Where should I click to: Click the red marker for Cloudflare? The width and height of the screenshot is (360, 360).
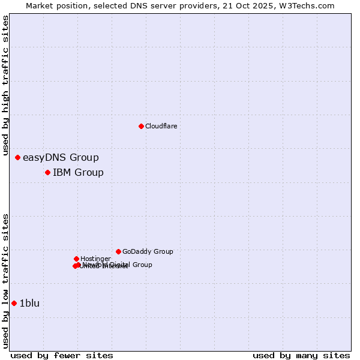(x=141, y=126)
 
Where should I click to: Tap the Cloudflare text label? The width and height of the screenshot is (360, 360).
(x=161, y=126)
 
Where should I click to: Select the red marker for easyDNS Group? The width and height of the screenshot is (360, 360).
(x=18, y=158)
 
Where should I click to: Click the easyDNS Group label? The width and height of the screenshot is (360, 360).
(x=61, y=158)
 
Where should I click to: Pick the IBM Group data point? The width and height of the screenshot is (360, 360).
(x=47, y=173)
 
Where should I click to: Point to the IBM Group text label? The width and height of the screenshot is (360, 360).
(x=78, y=173)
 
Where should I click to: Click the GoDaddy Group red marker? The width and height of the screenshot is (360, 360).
(x=118, y=251)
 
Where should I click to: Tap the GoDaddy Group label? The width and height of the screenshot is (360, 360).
(x=148, y=252)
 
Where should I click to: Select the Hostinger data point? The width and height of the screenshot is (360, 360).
(x=76, y=259)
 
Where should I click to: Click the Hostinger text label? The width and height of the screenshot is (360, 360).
(x=95, y=259)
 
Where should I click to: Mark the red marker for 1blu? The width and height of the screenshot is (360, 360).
(x=14, y=304)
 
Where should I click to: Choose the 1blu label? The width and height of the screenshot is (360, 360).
(x=29, y=304)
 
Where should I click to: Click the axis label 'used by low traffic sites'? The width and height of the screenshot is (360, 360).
(x=5, y=280)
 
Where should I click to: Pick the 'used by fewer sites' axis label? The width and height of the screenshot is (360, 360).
(x=62, y=355)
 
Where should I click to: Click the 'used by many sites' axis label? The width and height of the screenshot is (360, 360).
(x=301, y=355)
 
